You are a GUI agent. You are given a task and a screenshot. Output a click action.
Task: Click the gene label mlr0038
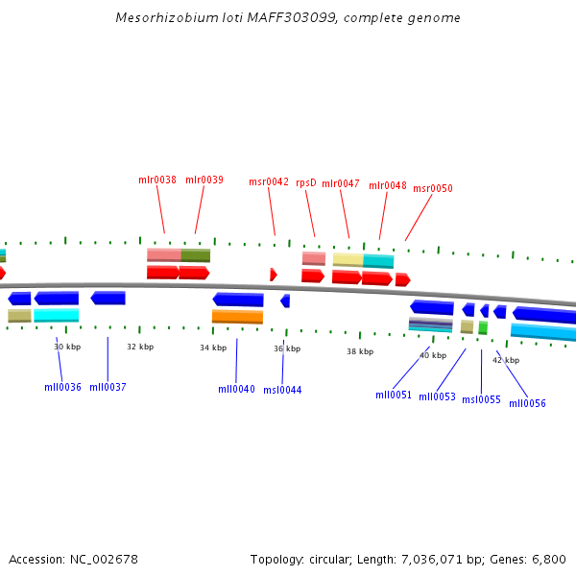(157, 180)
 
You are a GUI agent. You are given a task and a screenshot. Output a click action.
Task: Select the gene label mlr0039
(204, 180)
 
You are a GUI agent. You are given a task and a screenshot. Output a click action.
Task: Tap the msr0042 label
(269, 181)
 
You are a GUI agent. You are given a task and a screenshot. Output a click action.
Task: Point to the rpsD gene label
(306, 182)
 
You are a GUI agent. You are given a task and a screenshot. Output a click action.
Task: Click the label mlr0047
(341, 183)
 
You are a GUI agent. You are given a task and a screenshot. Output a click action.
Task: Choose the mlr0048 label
(388, 185)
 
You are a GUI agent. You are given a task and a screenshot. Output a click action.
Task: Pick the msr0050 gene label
(433, 188)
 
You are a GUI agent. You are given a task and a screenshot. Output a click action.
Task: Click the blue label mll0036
(62, 387)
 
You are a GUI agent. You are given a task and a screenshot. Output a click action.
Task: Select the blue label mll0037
(108, 387)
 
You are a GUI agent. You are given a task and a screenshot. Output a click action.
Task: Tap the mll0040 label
(236, 389)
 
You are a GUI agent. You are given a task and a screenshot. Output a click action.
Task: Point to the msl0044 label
(282, 390)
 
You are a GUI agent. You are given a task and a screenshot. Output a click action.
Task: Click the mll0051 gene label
(394, 395)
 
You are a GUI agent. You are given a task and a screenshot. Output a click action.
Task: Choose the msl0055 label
(481, 399)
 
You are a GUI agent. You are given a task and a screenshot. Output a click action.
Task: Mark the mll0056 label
(527, 403)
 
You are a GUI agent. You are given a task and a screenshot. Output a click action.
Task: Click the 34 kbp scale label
(213, 348)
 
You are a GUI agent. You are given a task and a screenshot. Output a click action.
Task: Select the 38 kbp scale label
(360, 351)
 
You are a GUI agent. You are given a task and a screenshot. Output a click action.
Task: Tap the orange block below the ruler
(237, 316)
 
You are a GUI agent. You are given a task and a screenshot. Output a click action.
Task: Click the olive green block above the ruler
(196, 255)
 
